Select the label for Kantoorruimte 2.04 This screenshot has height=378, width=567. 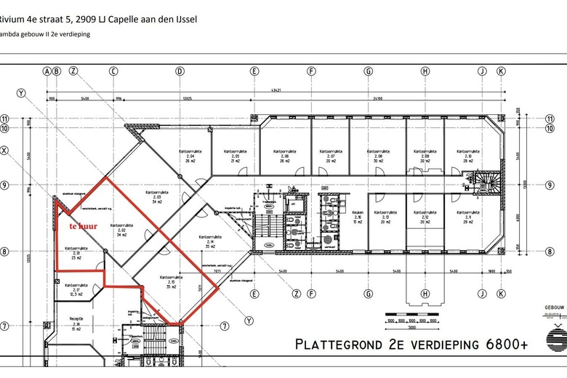190,156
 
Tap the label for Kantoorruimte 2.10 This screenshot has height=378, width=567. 463,156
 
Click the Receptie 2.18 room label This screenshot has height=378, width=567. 76,322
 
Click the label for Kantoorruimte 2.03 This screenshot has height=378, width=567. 156,196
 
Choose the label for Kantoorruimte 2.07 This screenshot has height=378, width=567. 330,156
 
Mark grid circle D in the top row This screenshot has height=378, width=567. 180,71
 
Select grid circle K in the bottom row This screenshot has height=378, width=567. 501,294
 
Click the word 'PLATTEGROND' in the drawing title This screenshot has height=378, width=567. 346,344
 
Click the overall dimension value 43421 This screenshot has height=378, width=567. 276,90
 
